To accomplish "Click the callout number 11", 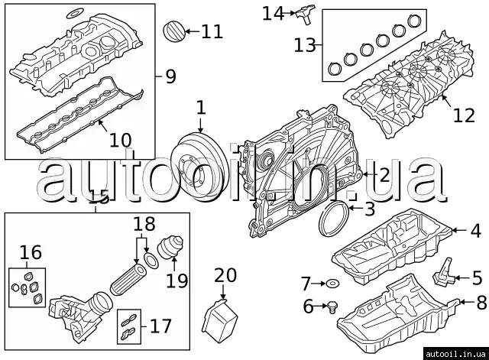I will tap(212, 31).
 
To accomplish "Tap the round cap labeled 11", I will tap(175, 33).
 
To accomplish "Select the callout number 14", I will tap(272, 13).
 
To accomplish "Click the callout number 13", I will tap(304, 45).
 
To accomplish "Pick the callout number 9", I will tap(170, 76).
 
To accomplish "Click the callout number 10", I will tap(120, 141).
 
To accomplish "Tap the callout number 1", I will tap(200, 108).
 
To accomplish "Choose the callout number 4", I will tap(475, 229).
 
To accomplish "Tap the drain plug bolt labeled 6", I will tap(332, 308).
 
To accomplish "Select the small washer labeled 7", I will tap(332, 284).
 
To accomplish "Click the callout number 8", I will tap(481, 302).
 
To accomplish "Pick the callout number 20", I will tap(226, 276).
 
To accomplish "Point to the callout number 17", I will tap(160, 327).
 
